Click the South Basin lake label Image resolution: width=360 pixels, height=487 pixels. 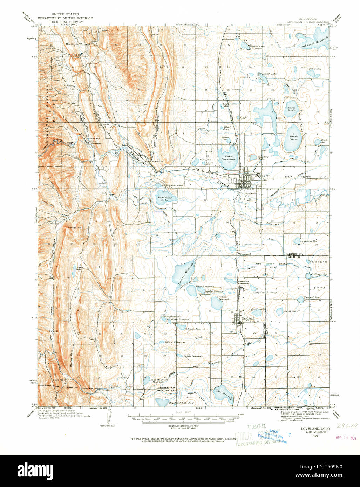click(293, 138)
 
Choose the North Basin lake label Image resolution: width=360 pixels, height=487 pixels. click(291, 109)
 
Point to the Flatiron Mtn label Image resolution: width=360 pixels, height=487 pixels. click(74, 227)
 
